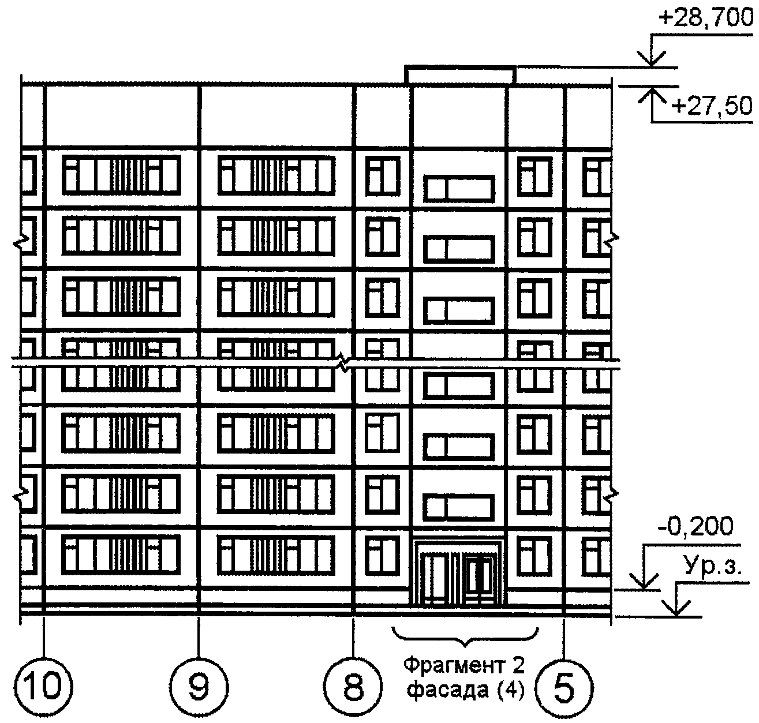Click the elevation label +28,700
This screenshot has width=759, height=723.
coord(705,17)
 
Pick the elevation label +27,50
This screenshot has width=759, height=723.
coord(712,106)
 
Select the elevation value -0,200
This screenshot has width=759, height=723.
coord(695,526)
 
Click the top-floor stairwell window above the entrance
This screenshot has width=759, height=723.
coord(459,189)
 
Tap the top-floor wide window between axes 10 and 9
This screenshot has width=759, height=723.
coord(121,175)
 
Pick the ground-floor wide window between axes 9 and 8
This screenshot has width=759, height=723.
coord(276,555)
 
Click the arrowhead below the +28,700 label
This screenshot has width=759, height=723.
coord(651,59)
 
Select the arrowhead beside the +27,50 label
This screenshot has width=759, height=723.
coord(652,95)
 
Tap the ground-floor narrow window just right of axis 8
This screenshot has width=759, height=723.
coord(383,555)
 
